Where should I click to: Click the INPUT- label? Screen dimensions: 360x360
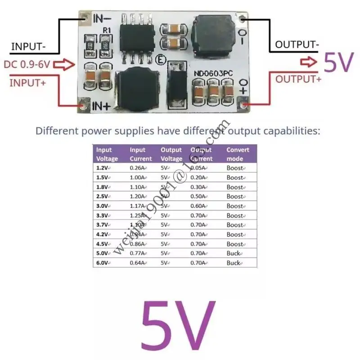pos(29,46)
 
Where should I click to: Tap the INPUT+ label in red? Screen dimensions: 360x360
pos(27,83)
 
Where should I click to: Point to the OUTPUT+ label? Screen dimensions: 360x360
pos(298,79)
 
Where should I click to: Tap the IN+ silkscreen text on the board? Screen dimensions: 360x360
pos(101,107)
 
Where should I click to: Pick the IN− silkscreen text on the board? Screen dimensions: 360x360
pos(102,19)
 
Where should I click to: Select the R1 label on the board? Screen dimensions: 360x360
pos(107,30)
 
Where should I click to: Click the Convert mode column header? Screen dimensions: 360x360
pos(237,154)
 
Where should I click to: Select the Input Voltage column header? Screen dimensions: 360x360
pos(107,154)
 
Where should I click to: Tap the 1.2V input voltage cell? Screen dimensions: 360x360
pos(103,168)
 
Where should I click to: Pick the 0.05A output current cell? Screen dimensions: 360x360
pos(198,168)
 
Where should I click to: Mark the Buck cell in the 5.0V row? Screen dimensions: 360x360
pos(234,254)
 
